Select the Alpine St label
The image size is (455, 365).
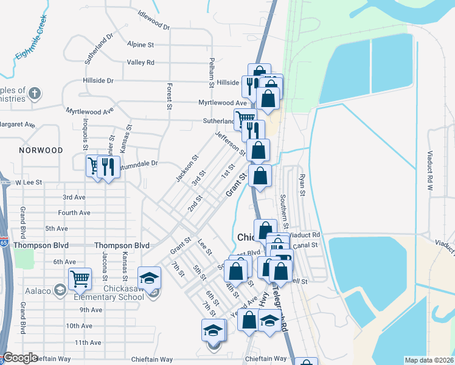click(x=141, y=44)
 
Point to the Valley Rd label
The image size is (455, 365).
click(x=141, y=62)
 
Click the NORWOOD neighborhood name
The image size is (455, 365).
click(x=41, y=150)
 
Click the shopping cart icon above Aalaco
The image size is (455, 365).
click(x=80, y=279)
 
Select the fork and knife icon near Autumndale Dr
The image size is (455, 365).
click(x=108, y=165)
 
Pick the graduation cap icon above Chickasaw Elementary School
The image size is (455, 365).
click(x=148, y=279)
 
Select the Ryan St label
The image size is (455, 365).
click(x=302, y=184)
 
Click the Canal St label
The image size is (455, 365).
click(x=306, y=245)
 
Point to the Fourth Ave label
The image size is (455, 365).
click(x=74, y=213)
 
